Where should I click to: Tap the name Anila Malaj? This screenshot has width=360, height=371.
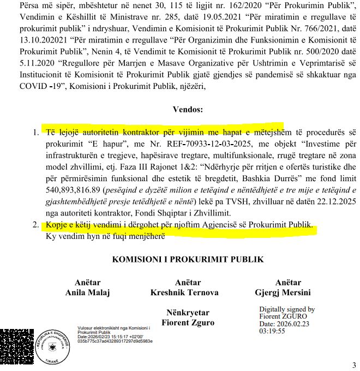[x=88, y=292]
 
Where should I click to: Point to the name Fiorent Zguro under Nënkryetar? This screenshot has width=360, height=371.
[x=188, y=322]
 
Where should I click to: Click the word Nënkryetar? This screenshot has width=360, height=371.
[x=188, y=313]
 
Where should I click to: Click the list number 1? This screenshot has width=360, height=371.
[x=35, y=133]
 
